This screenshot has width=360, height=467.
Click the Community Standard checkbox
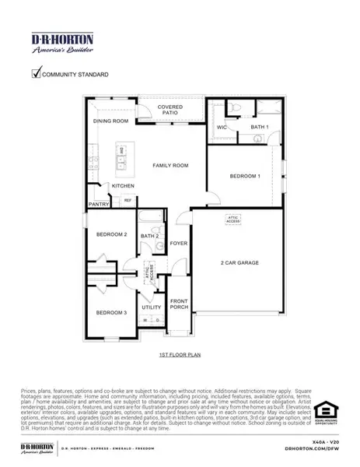pos(36,74)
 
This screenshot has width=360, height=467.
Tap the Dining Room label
pos(110,121)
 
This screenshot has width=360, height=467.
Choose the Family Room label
pos(171,166)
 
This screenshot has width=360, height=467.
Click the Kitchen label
pos(123,186)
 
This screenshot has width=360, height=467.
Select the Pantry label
pos(99,204)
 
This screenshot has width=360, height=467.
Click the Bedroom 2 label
pos(111,234)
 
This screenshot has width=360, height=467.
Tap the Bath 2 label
pos(149,236)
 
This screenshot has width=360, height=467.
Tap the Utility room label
pos(152,307)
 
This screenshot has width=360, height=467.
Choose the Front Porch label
pos(180,304)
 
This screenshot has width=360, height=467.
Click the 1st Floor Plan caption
pos(180,354)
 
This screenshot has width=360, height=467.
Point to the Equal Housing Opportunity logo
pos(324,413)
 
